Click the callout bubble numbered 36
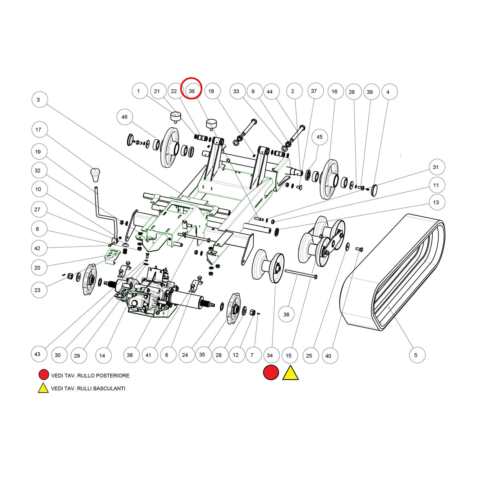tap(192, 91)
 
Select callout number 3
tap(38, 100)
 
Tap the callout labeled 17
tap(38, 129)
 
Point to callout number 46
tap(124, 117)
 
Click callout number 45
tap(319, 137)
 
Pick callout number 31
tap(435, 167)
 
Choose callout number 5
tap(416, 355)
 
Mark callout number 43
tap(37, 354)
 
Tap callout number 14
tap(102, 356)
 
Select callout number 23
tap(37, 290)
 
